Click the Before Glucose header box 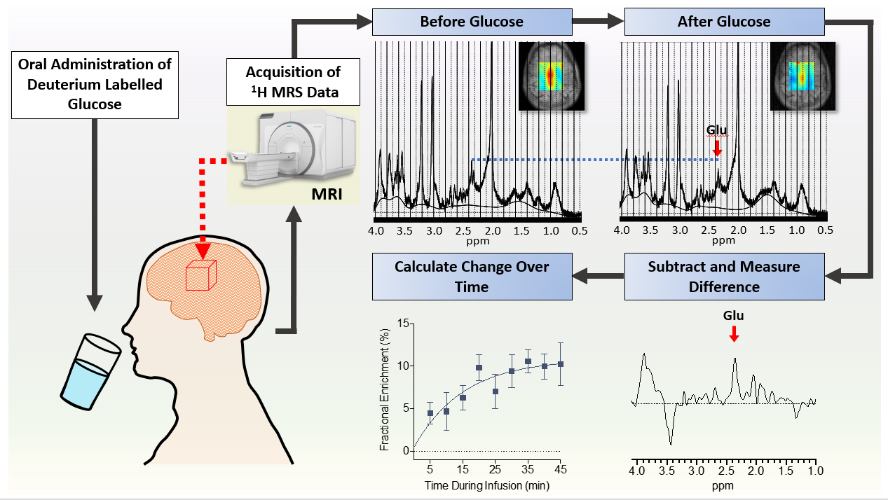tap(472, 22)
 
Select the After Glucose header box tap(723, 22)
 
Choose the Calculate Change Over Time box tap(472, 276)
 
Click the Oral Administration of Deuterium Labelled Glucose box tap(94, 84)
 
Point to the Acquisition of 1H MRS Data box tap(293, 82)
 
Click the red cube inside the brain tap(200, 275)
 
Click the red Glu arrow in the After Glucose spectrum tap(716, 148)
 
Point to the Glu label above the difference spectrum tap(734, 315)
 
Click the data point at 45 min tap(560, 364)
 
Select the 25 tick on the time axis tap(495, 468)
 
